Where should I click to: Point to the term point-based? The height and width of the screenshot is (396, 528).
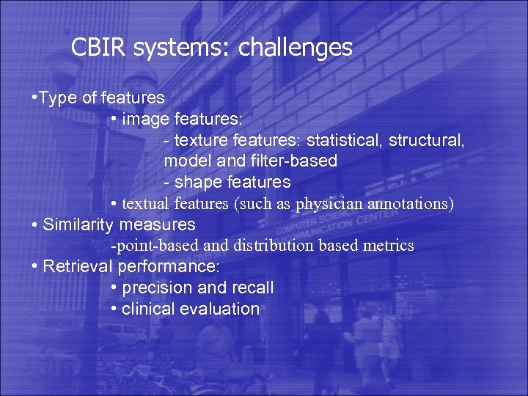[x=144, y=246]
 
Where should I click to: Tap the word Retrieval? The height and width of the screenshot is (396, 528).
[x=76, y=266]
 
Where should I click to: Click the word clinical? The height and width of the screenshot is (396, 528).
[x=149, y=309]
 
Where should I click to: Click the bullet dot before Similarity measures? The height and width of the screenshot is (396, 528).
[x=36, y=224]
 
